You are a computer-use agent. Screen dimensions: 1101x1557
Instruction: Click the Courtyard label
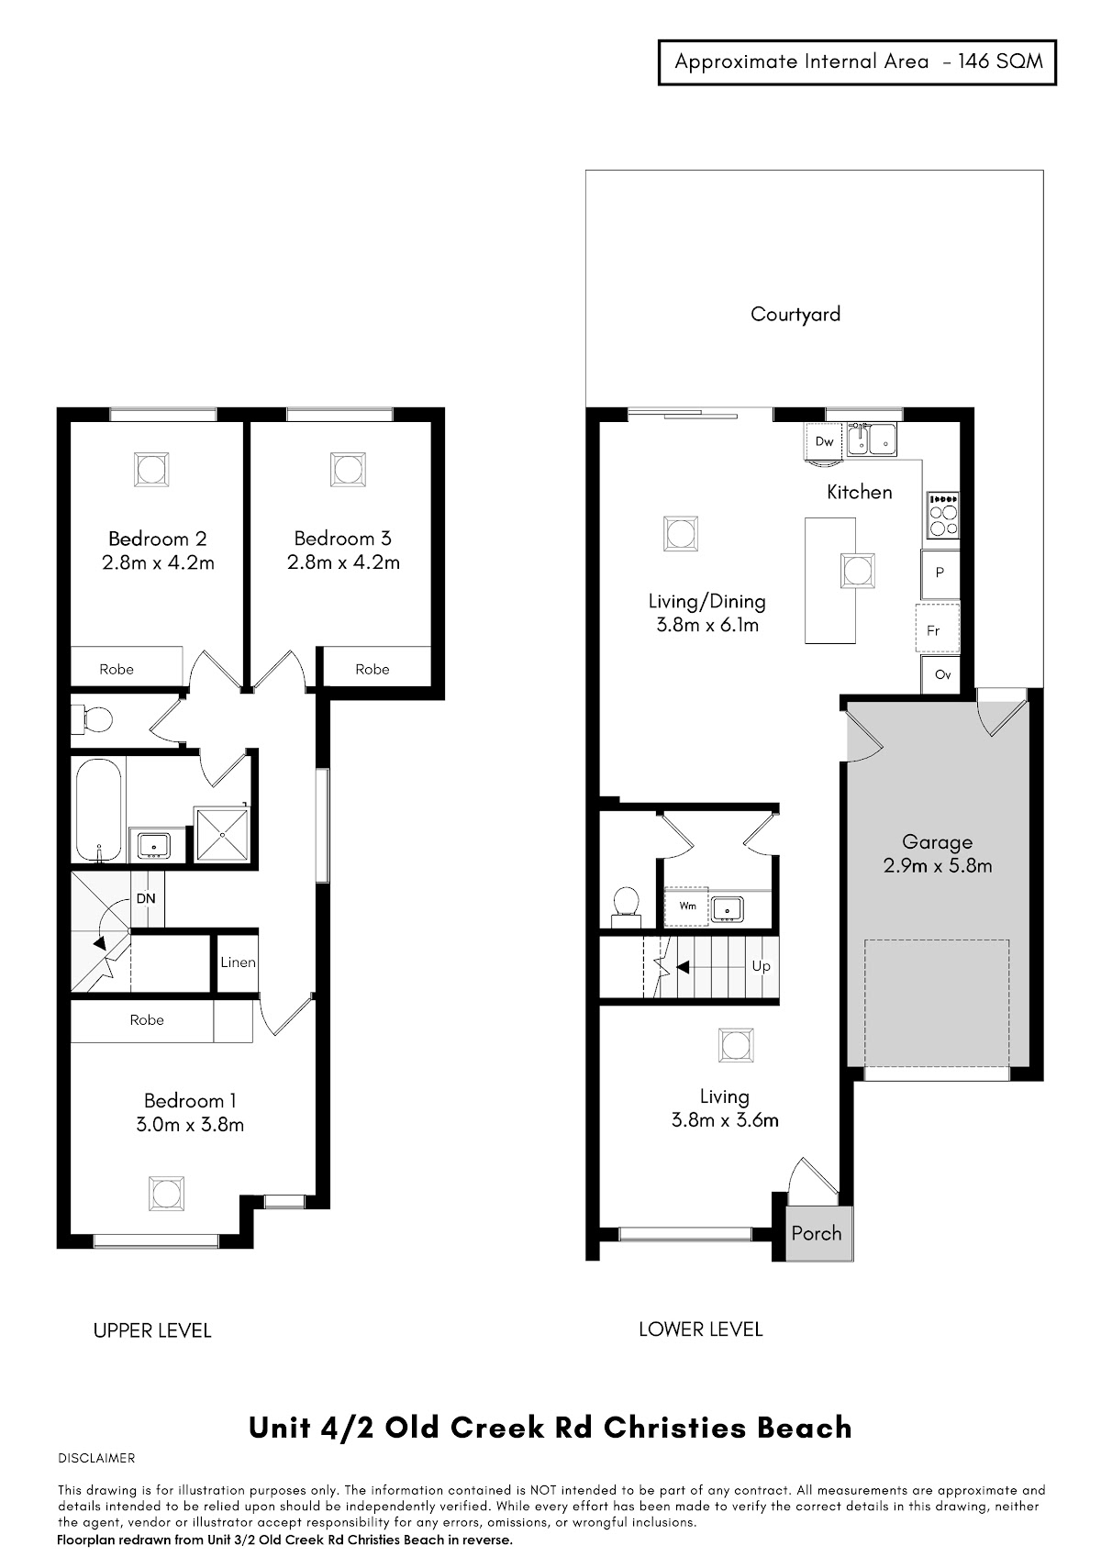pyautogui.click(x=795, y=314)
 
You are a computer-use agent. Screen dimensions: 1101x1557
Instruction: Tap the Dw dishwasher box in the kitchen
pyautogui.click(x=824, y=440)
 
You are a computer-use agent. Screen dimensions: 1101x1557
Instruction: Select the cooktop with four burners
pyautogui.click(x=942, y=515)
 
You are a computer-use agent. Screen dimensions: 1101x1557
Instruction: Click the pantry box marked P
pyautogui.click(x=940, y=574)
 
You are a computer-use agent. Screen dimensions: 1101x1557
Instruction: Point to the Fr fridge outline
pyautogui.click(x=937, y=629)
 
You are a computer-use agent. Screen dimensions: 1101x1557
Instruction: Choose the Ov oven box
pyautogui.click(x=940, y=674)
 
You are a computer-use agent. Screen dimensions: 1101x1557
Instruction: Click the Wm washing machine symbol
pyautogui.click(x=686, y=906)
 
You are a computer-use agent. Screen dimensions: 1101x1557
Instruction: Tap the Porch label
pyautogui.click(x=816, y=1233)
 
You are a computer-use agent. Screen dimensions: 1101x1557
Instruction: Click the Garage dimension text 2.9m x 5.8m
pyautogui.click(x=937, y=865)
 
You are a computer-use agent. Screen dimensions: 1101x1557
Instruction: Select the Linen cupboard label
pyautogui.click(x=238, y=962)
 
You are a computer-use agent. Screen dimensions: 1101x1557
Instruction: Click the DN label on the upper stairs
pyautogui.click(x=146, y=898)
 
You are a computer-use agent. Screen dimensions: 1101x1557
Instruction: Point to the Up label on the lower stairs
pyautogui.click(x=762, y=966)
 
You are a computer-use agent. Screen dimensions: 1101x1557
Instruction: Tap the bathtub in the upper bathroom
pyautogui.click(x=98, y=810)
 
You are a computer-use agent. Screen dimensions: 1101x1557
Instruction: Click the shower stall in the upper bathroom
pyautogui.click(x=221, y=833)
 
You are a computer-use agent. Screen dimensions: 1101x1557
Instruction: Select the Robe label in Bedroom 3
pyautogui.click(x=372, y=670)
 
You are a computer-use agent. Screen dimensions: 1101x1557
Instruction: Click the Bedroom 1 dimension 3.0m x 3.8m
pyautogui.click(x=190, y=1124)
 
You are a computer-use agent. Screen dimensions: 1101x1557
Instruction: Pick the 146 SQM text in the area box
pyautogui.click(x=1000, y=61)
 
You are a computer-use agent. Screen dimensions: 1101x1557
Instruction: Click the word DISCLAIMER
pyautogui.click(x=96, y=1458)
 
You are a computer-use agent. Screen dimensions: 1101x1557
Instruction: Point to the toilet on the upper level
pyautogui.click(x=92, y=719)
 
